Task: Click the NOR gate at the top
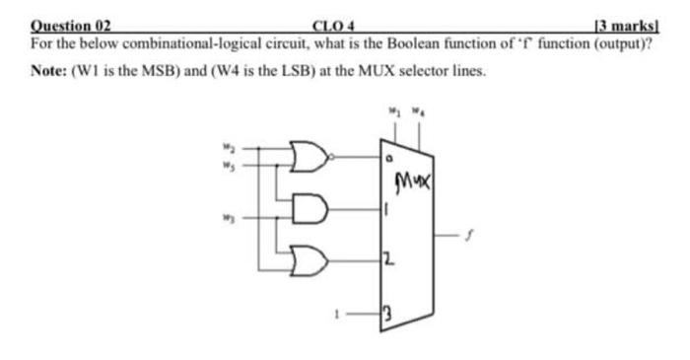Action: tap(314, 155)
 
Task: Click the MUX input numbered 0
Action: tap(389, 157)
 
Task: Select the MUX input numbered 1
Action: tap(386, 209)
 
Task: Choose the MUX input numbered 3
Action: tap(387, 317)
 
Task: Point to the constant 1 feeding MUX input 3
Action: tap(338, 317)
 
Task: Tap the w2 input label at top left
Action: tap(224, 149)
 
